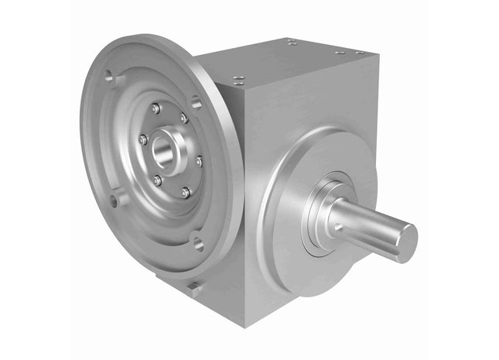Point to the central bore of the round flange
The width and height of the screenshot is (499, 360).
pos(163,150)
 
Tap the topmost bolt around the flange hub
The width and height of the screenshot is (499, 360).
pos(156,109)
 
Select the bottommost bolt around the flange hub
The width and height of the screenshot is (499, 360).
pos(186,192)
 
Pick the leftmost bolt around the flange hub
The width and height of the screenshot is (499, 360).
pos(143,139)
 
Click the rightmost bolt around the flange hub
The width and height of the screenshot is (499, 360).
pos(200,162)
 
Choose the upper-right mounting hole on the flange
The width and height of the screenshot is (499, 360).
pos(197,101)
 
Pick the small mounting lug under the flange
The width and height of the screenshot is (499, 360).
pos(194,289)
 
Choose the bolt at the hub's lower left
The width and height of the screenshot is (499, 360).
pos(157,180)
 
